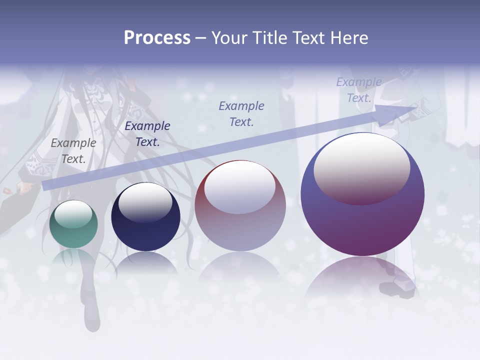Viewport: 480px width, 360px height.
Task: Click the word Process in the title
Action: click(157, 38)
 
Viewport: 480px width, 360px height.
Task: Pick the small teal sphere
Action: click(73, 224)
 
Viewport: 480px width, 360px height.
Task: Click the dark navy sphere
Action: click(145, 217)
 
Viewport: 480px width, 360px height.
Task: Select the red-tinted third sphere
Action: click(240, 206)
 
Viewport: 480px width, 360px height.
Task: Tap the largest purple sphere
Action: click(362, 195)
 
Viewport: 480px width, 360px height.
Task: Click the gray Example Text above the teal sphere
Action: click(73, 151)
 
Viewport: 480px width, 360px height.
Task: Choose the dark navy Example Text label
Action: click(147, 134)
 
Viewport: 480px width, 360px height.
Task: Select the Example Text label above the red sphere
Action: click(241, 113)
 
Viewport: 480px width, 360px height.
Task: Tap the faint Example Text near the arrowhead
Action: click(358, 90)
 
